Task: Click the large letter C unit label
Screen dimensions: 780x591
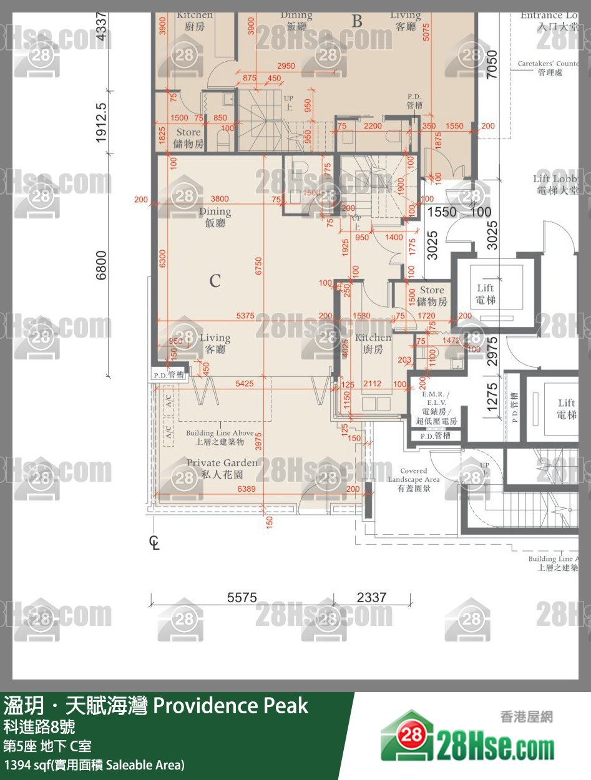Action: click(215, 281)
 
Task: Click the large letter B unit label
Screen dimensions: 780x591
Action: click(356, 21)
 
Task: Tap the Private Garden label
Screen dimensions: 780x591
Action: click(222, 467)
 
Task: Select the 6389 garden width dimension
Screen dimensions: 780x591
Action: click(247, 490)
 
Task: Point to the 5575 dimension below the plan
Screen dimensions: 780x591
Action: click(242, 597)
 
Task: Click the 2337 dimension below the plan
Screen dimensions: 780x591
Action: click(371, 597)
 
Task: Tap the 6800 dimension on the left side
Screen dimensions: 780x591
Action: click(102, 266)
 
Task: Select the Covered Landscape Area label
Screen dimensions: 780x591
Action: click(413, 479)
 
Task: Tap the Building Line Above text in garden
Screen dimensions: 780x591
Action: click(220, 437)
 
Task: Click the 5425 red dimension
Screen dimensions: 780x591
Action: click(245, 383)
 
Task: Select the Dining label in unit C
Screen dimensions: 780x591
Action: click(215, 217)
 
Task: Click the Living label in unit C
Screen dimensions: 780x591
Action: click(215, 343)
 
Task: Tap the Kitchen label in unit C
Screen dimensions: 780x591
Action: click(373, 343)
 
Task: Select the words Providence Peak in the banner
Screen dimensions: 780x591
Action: click(230, 706)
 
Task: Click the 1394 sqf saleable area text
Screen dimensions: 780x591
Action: click(94, 764)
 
